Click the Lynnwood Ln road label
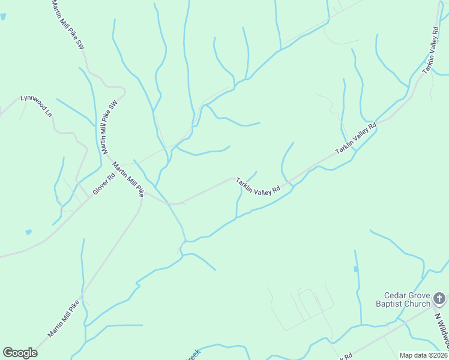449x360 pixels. (37, 106)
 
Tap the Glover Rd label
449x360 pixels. (103, 185)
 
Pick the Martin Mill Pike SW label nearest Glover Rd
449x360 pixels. (108, 127)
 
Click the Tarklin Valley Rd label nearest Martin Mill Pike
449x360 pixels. (258, 187)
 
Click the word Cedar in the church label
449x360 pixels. (396, 295)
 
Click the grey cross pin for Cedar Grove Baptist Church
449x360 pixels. (439, 298)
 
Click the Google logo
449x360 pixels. (20, 353)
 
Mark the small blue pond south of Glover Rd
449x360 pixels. (28, 232)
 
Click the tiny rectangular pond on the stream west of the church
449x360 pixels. (356, 269)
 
